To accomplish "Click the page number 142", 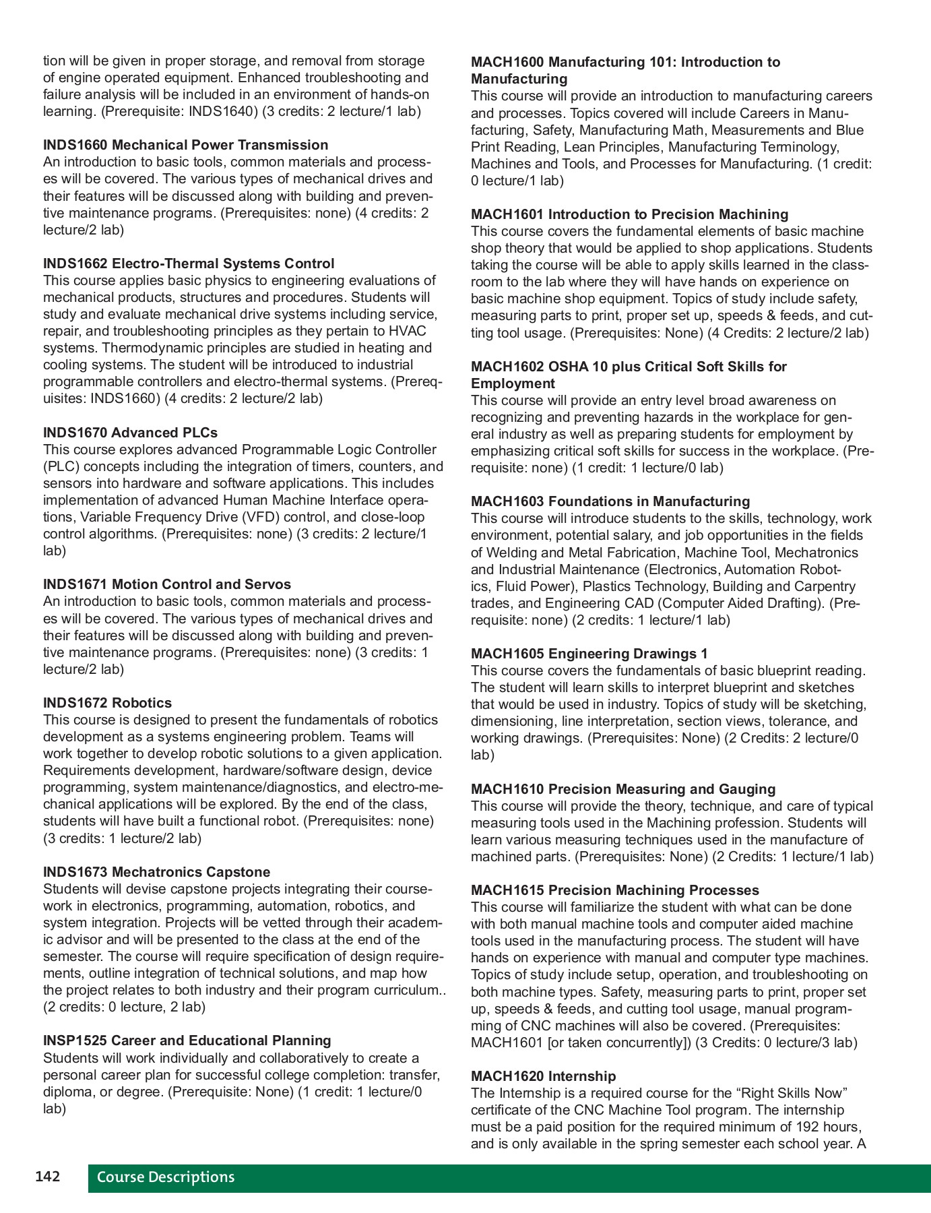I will click(48, 1177).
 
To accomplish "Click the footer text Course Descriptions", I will click(166, 1177).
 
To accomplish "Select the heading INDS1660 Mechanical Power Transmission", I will click(185, 145).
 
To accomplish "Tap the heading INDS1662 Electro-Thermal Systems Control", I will click(188, 263).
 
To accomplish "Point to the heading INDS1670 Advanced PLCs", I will click(130, 433).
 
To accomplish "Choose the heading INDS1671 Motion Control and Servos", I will click(167, 584).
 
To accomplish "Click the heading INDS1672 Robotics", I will click(107, 703).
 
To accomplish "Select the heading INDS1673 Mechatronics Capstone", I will click(156, 872).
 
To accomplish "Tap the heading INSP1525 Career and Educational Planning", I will click(187, 1040).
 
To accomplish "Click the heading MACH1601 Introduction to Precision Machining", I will click(629, 214).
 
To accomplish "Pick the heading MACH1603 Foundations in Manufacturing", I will click(610, 501).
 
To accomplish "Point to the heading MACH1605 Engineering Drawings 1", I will click(589, 654).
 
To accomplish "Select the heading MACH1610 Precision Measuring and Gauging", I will click(623, 789).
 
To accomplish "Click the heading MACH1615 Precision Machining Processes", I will click(614, 890).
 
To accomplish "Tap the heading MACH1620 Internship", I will click(543, 1076).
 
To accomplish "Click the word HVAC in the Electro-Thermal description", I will click(408, 331).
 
